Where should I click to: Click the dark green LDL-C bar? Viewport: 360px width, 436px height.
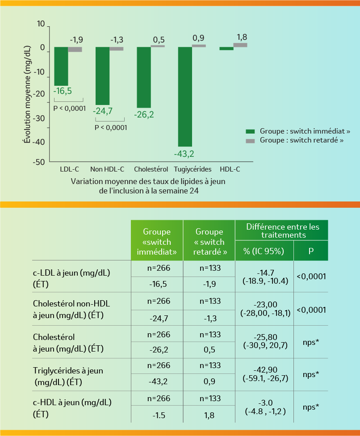click(x=61, y=66)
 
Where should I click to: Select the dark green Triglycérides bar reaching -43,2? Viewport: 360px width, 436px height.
click(x=185, y=96)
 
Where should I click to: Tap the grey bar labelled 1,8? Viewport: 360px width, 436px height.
click(x=240, y=45)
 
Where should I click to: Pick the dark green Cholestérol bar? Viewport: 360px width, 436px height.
click(x=144, y=77)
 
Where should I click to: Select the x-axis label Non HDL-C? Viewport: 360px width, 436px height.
click(x=107, y=169)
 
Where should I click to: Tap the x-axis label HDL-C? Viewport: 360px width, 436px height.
click(x=230, y=169)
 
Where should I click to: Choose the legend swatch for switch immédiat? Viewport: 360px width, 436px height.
click(x=250, y=131)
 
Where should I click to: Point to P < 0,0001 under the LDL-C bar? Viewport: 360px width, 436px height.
click(x=69, y=108)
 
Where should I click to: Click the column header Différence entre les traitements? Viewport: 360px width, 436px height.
click(x=282, y=231)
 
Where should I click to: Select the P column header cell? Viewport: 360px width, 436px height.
click(x=311, y=251)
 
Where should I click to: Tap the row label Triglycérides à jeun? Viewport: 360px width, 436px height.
click(x=68, y=371)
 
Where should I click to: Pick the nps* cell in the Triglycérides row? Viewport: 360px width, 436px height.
click(x=311, y=374)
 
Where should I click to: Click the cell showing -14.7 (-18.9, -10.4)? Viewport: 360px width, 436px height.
click(x=264, y=277)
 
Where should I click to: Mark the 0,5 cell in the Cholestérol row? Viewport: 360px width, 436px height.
click(x=209, y=350)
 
